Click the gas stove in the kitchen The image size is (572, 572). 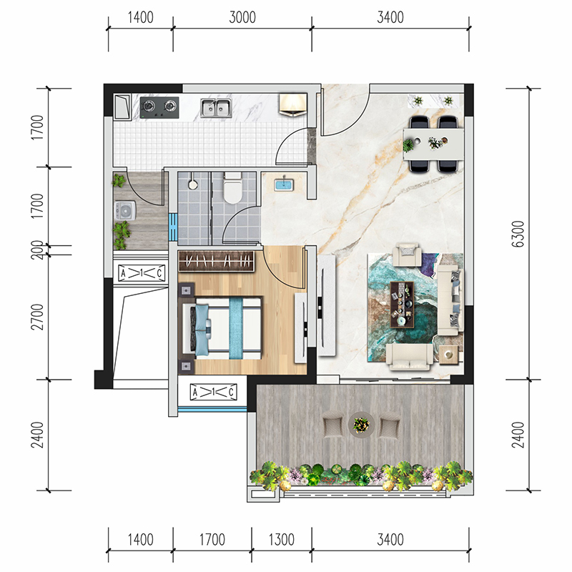159,108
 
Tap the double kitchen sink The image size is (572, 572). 217,108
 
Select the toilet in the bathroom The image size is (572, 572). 233,188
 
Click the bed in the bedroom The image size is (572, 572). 222,328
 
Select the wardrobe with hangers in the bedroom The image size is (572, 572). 217,261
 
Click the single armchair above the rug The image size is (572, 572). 407,255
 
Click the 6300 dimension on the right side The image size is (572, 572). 518,234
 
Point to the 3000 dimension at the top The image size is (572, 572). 242,17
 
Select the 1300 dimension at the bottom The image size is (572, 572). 281,540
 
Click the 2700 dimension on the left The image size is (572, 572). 37,317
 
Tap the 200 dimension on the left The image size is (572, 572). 37,250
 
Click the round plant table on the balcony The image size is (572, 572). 361,424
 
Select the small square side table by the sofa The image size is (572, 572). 449,355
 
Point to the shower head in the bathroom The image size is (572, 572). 193,184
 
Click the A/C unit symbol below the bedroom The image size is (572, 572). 213,392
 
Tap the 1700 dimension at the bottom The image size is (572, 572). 212,540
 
